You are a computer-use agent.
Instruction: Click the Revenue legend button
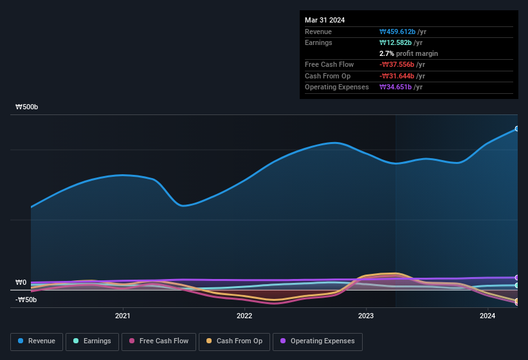(x=37, y=341)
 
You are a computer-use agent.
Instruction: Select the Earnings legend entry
(x=92, y=341)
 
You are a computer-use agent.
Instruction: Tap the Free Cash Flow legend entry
(x=159, y=341)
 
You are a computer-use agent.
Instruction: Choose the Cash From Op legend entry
(x=235, y=341)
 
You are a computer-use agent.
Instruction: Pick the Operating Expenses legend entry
(x=317, y=341)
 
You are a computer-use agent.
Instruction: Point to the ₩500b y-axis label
(x=27, y=107)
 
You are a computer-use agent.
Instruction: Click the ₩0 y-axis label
(x=21, y=282)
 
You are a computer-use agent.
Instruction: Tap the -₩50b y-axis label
(x=26, y=300)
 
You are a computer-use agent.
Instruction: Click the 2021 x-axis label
(x=123, y=316)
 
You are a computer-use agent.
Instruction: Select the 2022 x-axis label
(x=244, y=316)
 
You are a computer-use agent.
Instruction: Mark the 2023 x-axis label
(x=366, y=316)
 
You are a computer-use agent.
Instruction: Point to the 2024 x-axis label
(x=487, y=316)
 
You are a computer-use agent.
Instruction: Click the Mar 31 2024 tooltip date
(x=325, y=20)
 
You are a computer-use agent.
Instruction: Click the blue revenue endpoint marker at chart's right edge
(x=516, y=129)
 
